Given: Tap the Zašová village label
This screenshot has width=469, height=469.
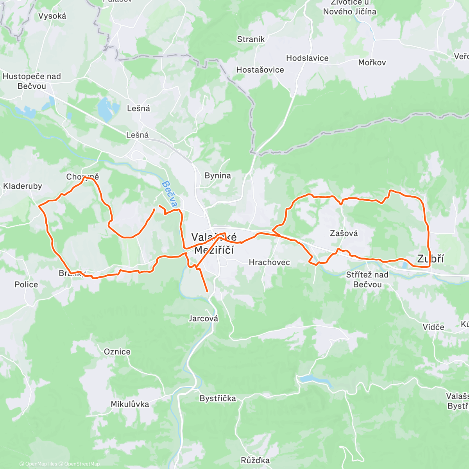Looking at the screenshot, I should click(x=344, y=233).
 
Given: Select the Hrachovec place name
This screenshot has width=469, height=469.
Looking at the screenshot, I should click(x=269, y=262).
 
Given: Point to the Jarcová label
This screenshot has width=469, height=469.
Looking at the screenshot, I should click(x=203, y=319).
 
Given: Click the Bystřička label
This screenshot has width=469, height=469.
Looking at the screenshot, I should click(x=218, y=399).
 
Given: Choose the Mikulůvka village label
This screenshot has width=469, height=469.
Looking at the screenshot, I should click(x=130, y=404).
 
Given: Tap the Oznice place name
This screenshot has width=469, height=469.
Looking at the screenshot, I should click(x=117, y=352).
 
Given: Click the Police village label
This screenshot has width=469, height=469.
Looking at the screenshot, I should click(x=26, y=285).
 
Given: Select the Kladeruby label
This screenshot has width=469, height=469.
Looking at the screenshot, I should click(x=22, y=186).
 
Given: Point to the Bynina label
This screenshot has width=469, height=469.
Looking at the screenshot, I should click(x=218, y=175).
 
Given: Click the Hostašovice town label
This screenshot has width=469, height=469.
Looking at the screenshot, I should click(x=260, y=70).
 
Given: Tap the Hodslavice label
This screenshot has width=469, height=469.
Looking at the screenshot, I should click(x=307, y=58).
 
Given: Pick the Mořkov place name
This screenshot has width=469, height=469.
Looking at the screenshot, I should click(x=372, y=63).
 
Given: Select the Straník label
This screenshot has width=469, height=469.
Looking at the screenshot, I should click(x=251, y=39).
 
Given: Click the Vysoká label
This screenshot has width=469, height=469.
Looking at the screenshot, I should click(x=52, y=16).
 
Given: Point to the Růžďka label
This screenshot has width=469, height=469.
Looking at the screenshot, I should click(x=255, y=460).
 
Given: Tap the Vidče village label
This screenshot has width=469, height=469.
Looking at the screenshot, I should click(x=433, y=327).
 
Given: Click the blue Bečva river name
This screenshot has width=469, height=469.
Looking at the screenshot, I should click(x=170, y=194).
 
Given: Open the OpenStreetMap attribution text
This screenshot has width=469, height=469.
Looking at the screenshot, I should click(x=82, y=464).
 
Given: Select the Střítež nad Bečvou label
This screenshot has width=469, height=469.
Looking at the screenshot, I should click(x=367, y=279).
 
